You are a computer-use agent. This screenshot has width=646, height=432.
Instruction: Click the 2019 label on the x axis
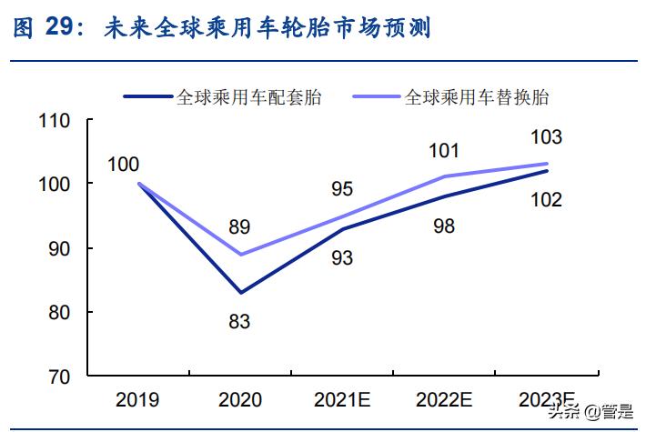click(137, 399)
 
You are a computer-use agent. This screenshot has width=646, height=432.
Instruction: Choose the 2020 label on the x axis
click(240, 399)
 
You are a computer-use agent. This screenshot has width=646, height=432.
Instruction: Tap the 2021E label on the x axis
click(342, 399)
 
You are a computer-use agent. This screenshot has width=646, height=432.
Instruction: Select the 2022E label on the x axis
click(445, 399)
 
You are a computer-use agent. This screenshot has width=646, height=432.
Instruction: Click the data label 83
click(240, 320)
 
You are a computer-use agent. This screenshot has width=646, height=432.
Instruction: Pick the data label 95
click(342, 189)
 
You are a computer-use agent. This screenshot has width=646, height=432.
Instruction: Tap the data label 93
click(342, 257)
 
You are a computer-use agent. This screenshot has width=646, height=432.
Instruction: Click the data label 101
click(445, 150)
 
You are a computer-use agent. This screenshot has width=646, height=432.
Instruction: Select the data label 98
click(445, 226)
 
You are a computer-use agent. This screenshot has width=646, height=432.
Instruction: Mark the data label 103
click(546, 138)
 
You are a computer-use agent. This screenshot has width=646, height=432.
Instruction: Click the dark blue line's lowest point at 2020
click(241, 292)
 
